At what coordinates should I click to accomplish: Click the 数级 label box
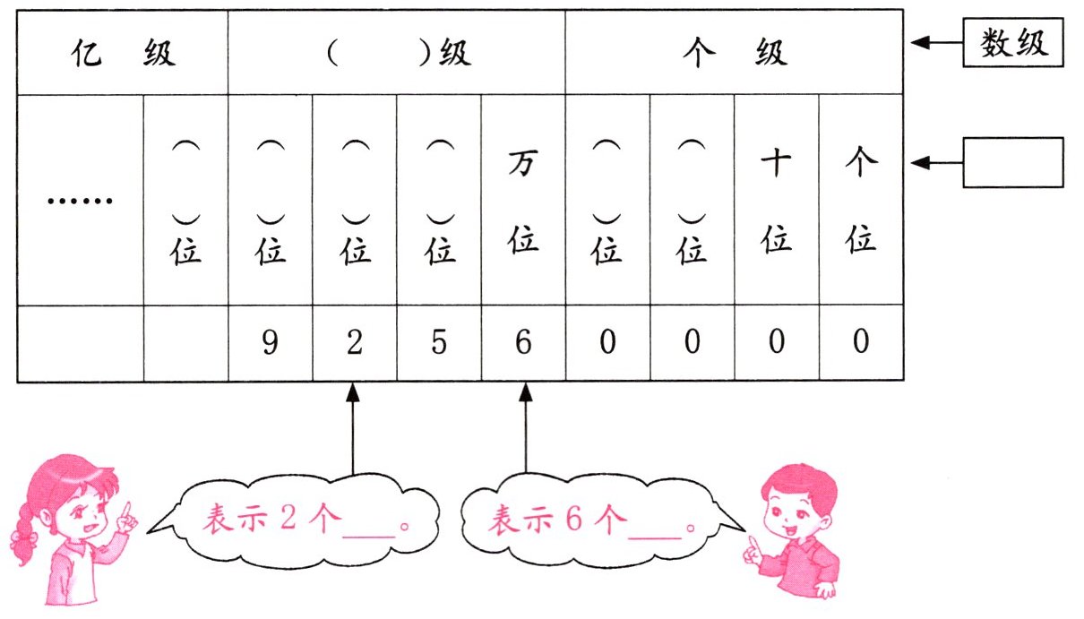tap(1013, 42)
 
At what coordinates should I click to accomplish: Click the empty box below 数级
tap(1013, 162)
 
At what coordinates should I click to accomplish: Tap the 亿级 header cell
tap(123, 53)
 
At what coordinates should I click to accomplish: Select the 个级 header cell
tap(734, 53)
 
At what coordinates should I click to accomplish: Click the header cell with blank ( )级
tap(396, 53)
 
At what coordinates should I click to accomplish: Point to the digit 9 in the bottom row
tap(271, 344)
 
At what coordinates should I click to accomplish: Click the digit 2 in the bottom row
tap(355, 344)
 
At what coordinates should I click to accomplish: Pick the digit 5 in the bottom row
tap(439, 344)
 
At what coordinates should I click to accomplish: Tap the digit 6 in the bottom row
tap(523, 344)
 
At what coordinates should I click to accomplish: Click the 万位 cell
tap(523, 200)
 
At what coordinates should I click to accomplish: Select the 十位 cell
tap(776, 200)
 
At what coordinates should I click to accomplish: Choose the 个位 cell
tap(861, 200)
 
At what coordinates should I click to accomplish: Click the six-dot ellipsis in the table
tap(80, 200)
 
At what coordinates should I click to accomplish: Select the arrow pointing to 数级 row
tap(934, 43)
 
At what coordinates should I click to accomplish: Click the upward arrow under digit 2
tap(353, 430)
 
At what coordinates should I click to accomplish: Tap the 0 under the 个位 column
tap(861, 344)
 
